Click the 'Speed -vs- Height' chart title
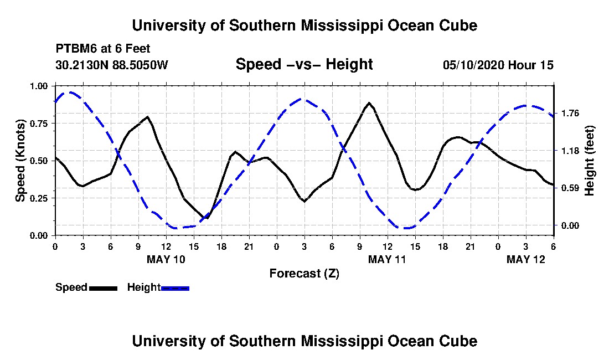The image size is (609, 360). tap(304, 64)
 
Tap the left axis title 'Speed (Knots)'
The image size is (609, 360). tap(20, 160)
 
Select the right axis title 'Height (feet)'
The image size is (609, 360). tap(589, 160)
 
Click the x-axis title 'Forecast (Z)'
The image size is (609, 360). tap(304, 273)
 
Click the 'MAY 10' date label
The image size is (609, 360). tap(166, 259)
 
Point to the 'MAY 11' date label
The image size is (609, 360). tap(387, 259)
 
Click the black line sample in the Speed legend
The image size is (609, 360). tap(103, 288)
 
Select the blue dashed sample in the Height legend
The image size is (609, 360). tap(175, 288)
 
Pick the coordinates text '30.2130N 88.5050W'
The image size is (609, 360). tap(111, 65)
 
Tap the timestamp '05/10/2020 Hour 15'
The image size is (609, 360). tap(498, 65)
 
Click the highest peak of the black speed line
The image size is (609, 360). tap(369, 103)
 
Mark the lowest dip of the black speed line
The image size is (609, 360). tap(207, 218)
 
